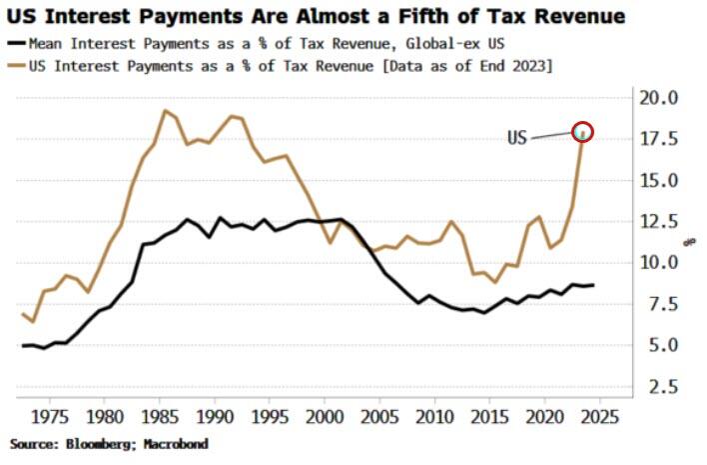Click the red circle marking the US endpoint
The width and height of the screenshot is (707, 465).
click(583, 131)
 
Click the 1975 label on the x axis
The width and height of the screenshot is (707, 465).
click(58, 414)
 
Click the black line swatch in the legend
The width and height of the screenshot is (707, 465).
click(18, 44)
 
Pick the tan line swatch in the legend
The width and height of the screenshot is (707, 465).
click(18, 65)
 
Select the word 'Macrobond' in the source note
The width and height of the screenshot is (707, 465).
click(180, 442)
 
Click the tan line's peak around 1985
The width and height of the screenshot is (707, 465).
click(165, 110)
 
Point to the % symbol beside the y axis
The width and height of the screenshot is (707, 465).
click(688, 241)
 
